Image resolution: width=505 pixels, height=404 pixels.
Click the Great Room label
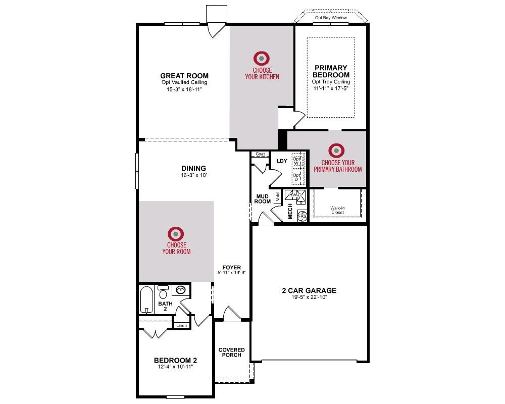[184, 76]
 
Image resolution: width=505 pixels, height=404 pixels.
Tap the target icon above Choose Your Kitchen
[262, 59]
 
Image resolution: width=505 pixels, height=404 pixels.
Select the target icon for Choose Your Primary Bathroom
[336, 151]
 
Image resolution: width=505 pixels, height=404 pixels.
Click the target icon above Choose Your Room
[176, 234]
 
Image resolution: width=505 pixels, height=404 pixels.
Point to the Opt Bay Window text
[331, 18]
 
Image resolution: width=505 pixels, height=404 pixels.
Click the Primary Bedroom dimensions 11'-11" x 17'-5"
[331, 88]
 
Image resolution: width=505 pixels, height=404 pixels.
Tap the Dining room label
[193, 168]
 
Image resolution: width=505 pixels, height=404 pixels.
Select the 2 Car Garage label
[309, 290]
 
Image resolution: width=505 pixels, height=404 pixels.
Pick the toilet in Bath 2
[163, 292]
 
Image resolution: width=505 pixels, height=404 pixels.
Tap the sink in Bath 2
[180, 290]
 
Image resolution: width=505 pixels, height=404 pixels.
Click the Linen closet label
[182, 325]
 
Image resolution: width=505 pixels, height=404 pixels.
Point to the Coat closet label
[260, 154]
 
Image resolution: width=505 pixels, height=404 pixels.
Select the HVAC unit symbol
[295, 195]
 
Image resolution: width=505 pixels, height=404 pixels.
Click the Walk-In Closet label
[337, 210]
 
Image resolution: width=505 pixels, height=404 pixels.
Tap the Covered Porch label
[232, 352]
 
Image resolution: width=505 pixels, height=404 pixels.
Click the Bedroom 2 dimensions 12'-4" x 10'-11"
[175, 367]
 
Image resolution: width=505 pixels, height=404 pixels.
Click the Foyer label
[232, 268]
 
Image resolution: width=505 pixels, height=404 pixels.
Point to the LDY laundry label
[282, 161]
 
